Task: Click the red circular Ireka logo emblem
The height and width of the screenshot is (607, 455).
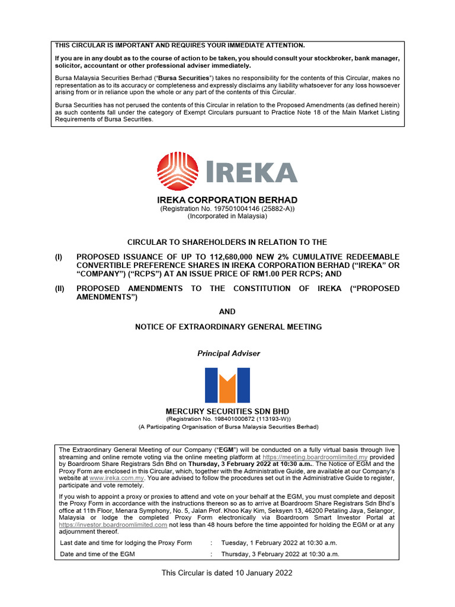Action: [177, 171]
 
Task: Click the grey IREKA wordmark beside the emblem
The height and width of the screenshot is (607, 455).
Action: [248, 172]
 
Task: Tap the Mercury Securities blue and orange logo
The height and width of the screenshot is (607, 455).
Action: [227, 385]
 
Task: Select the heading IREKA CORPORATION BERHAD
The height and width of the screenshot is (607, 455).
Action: [227, 200]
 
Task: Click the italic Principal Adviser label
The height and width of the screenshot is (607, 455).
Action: [228, 353]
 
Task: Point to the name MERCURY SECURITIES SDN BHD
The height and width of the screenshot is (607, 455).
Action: [227, 411]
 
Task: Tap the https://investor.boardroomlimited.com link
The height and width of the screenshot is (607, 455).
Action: [113, 525]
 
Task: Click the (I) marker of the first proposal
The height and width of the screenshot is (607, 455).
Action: [59, 257]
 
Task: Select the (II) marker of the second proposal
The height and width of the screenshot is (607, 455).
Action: [60, 289]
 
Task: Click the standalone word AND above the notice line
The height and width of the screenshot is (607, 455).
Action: [227, 311]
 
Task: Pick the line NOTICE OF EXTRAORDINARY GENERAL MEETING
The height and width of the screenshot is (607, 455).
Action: [228, 327]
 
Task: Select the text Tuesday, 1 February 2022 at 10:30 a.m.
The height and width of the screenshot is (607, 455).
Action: [280, 542]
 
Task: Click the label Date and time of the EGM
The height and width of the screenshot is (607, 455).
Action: [98, 554]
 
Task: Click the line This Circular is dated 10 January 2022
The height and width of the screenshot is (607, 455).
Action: [227, 573]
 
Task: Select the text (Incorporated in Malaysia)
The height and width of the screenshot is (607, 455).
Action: [227, 216]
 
